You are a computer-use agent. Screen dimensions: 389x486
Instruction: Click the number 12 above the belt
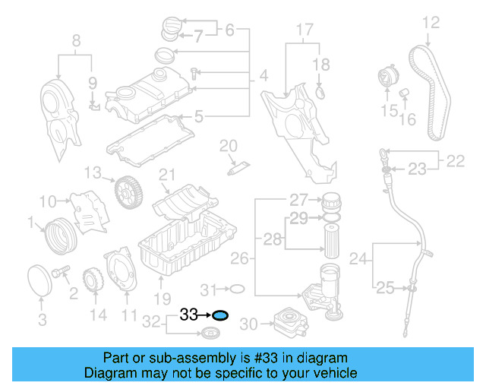pos(431,23)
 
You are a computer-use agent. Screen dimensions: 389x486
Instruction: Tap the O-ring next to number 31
pos(236,289)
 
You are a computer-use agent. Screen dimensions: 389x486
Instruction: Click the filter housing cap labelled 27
pos(332,204)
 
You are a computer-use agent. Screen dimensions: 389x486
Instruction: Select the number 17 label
pos(304,30)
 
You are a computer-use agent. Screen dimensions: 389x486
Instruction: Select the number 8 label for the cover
pos(75,40)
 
